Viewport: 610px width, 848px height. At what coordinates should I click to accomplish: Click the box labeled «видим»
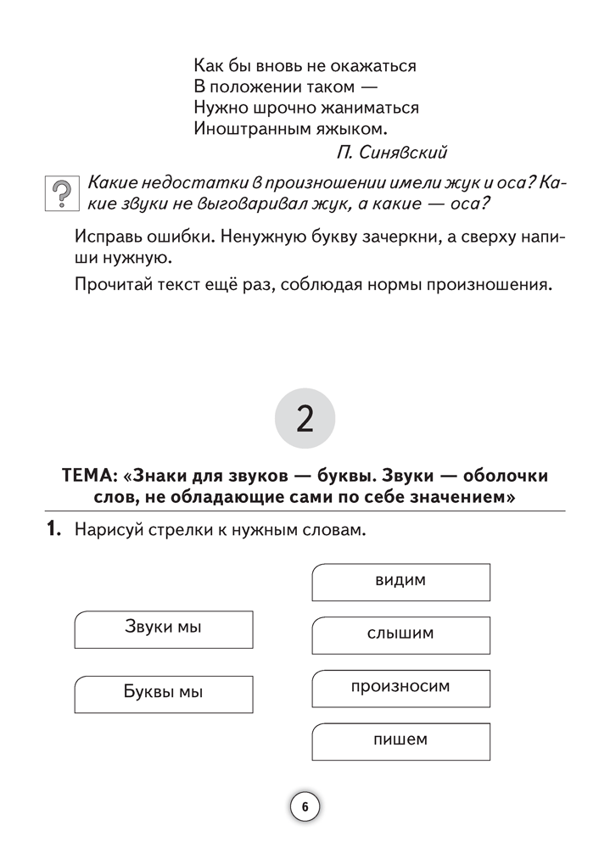coord(400,582)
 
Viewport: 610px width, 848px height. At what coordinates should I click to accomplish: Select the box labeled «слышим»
coord(400,634)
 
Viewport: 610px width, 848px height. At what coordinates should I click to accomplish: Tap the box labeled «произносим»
coord(400,687)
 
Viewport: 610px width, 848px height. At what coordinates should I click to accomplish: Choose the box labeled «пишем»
coord(400,740)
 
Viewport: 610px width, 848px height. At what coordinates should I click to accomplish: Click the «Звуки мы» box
coord(163,628)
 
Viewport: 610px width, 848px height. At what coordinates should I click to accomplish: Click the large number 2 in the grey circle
coord(305,419)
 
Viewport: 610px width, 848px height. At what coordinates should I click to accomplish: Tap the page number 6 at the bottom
coord(305,806)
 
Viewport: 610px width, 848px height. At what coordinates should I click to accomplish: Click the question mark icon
coord(60,194)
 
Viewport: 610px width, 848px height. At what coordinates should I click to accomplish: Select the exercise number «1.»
coord(53,531)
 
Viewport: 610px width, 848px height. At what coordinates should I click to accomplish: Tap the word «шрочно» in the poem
coord(275,108)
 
